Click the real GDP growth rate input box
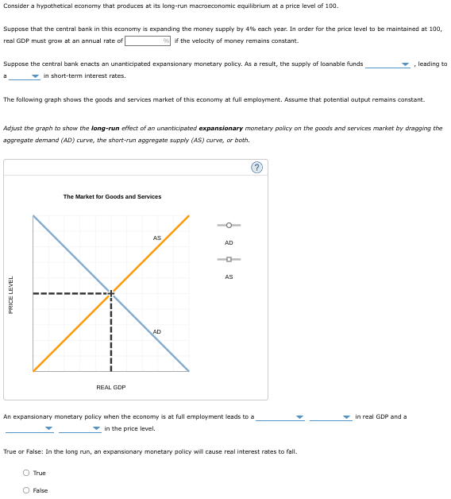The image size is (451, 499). (144, 41)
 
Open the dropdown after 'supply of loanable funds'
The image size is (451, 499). (387, 64)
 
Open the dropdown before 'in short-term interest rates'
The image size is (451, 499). (25, 76)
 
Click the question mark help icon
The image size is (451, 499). (256, 167)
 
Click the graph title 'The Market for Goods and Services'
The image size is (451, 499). (112, 196)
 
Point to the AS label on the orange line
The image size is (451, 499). (156, 238)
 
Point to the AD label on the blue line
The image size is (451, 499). (156, 331)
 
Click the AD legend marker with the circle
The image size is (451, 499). (229, 224)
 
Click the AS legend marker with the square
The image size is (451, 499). (229, 259)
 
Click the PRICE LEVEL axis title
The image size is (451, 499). (10, 294)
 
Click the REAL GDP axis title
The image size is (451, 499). (111, 387)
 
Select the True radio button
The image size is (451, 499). (26, 474)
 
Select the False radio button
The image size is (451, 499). (26, 490)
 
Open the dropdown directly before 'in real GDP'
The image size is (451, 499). (330, 416)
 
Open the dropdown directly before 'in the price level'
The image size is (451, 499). (79, 428)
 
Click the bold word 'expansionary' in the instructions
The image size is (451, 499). (221, 128)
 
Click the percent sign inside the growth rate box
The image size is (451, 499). (167, 41)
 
